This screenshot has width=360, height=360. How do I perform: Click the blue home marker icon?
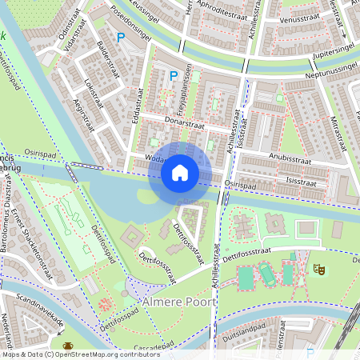(180, 173)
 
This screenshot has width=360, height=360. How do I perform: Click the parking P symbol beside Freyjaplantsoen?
(173, 76)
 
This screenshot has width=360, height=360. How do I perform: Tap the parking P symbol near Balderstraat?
(121, 38)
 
